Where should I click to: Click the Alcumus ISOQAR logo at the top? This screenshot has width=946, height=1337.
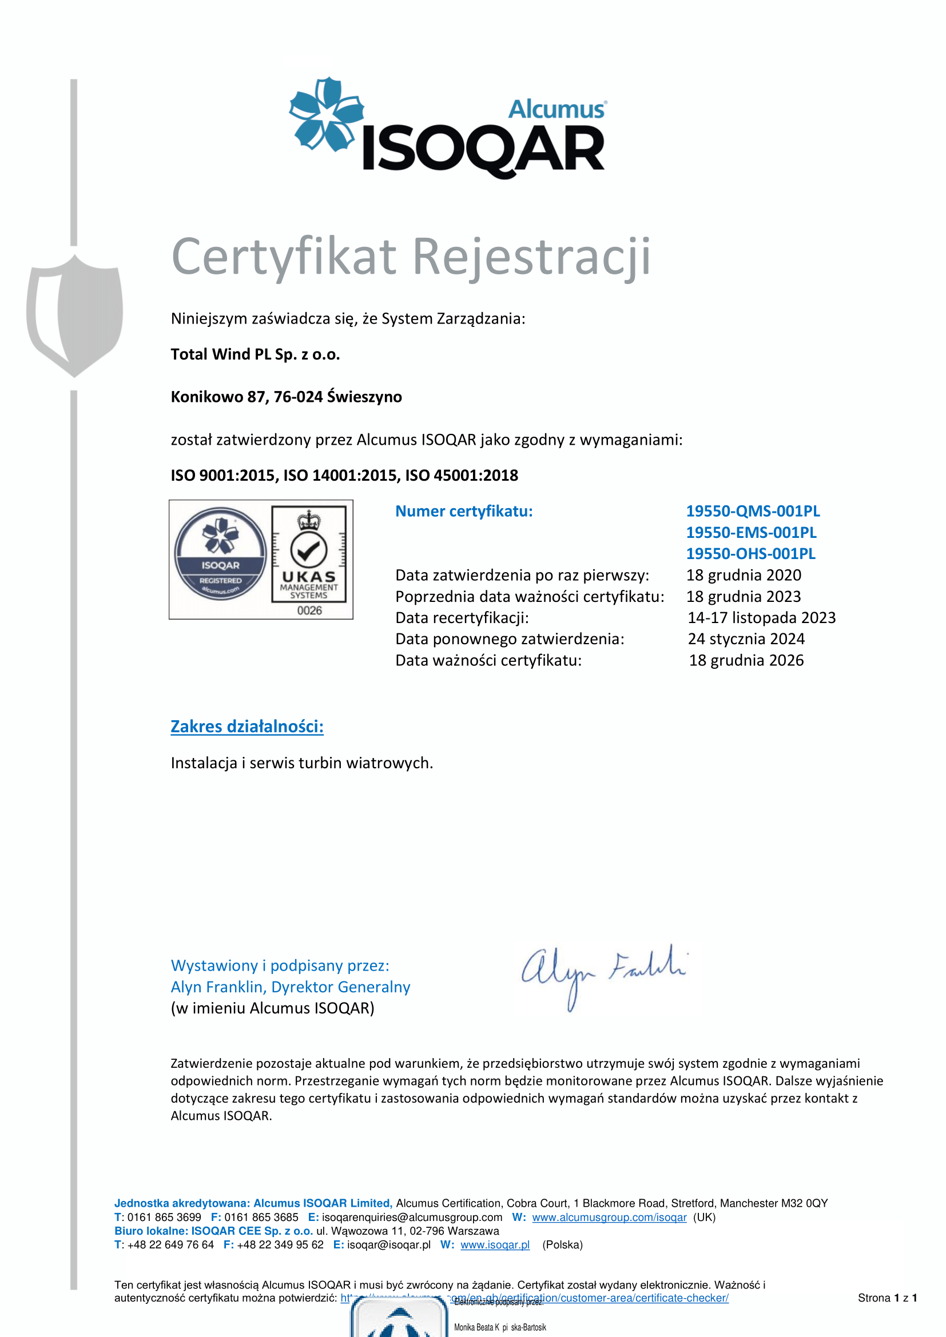[x=447, y=128]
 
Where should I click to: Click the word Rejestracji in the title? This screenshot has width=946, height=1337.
[x=531, y=256]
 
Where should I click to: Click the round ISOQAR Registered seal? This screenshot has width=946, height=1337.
[x=220, y=554]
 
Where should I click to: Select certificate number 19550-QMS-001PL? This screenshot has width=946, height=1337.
[x=753, y=511]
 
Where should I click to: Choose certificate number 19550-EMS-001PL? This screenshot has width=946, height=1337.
[x=751, y=533]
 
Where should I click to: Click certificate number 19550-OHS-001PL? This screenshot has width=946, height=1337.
[x=750, y=554]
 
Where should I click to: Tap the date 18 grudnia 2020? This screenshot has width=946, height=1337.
[x=744, y=576]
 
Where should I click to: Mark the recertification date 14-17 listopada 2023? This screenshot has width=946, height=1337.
[x=761, y=618]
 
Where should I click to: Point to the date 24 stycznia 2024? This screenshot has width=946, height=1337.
[x=746, y=640]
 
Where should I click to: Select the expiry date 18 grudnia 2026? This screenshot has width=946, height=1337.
[x=746, y=660]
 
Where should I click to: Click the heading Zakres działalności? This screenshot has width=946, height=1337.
[x=247, y=727]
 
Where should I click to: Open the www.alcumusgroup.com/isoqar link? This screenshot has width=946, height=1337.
[x=609, y=1218]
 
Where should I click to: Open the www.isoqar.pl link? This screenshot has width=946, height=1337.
[x=495, y=1245]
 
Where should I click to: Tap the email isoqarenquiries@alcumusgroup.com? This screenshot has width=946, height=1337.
[x=412, y=1218]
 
